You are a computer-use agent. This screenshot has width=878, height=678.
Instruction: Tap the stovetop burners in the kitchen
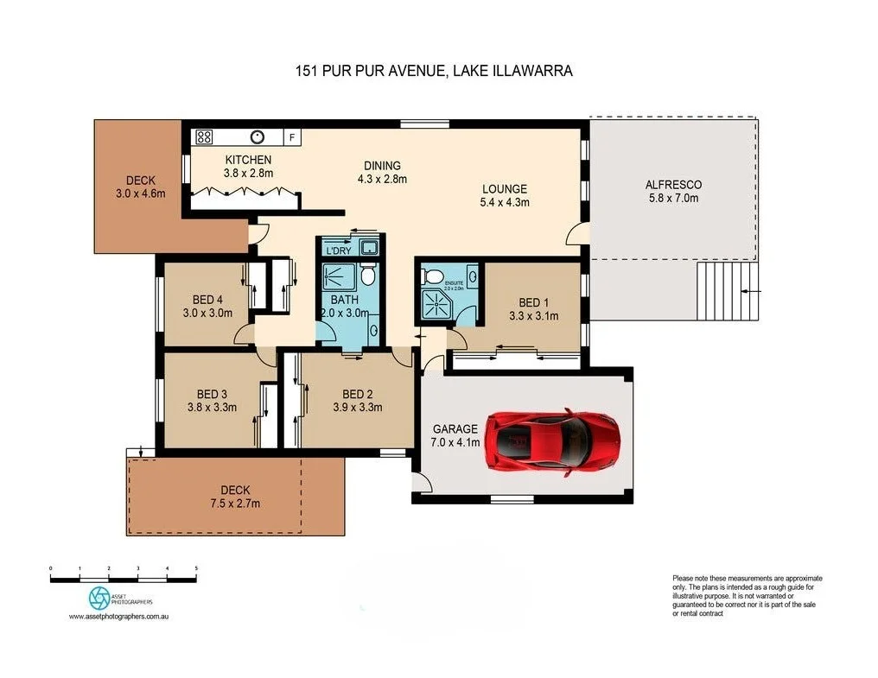click(204, 136)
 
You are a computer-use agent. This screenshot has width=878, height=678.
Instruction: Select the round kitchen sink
click(258, 136)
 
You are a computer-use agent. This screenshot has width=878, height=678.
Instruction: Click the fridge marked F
click(291, 137)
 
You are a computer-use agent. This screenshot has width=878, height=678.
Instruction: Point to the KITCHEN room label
click(248, 160)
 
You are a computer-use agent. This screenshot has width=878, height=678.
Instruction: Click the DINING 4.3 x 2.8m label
click(381, 172)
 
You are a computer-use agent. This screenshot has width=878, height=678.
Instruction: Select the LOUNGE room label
click(504, 189)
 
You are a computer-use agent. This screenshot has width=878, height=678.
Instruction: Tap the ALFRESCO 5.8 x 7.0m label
click(673, 191)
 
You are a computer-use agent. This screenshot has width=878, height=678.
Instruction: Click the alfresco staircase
click(727, 292)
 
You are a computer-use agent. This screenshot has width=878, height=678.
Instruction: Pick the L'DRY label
click(338, 250)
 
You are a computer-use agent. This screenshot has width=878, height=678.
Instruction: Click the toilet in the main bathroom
click(368, 276)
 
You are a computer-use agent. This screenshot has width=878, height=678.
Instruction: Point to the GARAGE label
click(455, 428)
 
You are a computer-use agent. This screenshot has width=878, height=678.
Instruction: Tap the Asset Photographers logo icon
click(100, 598)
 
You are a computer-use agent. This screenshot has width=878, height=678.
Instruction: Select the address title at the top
click(434, 72)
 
